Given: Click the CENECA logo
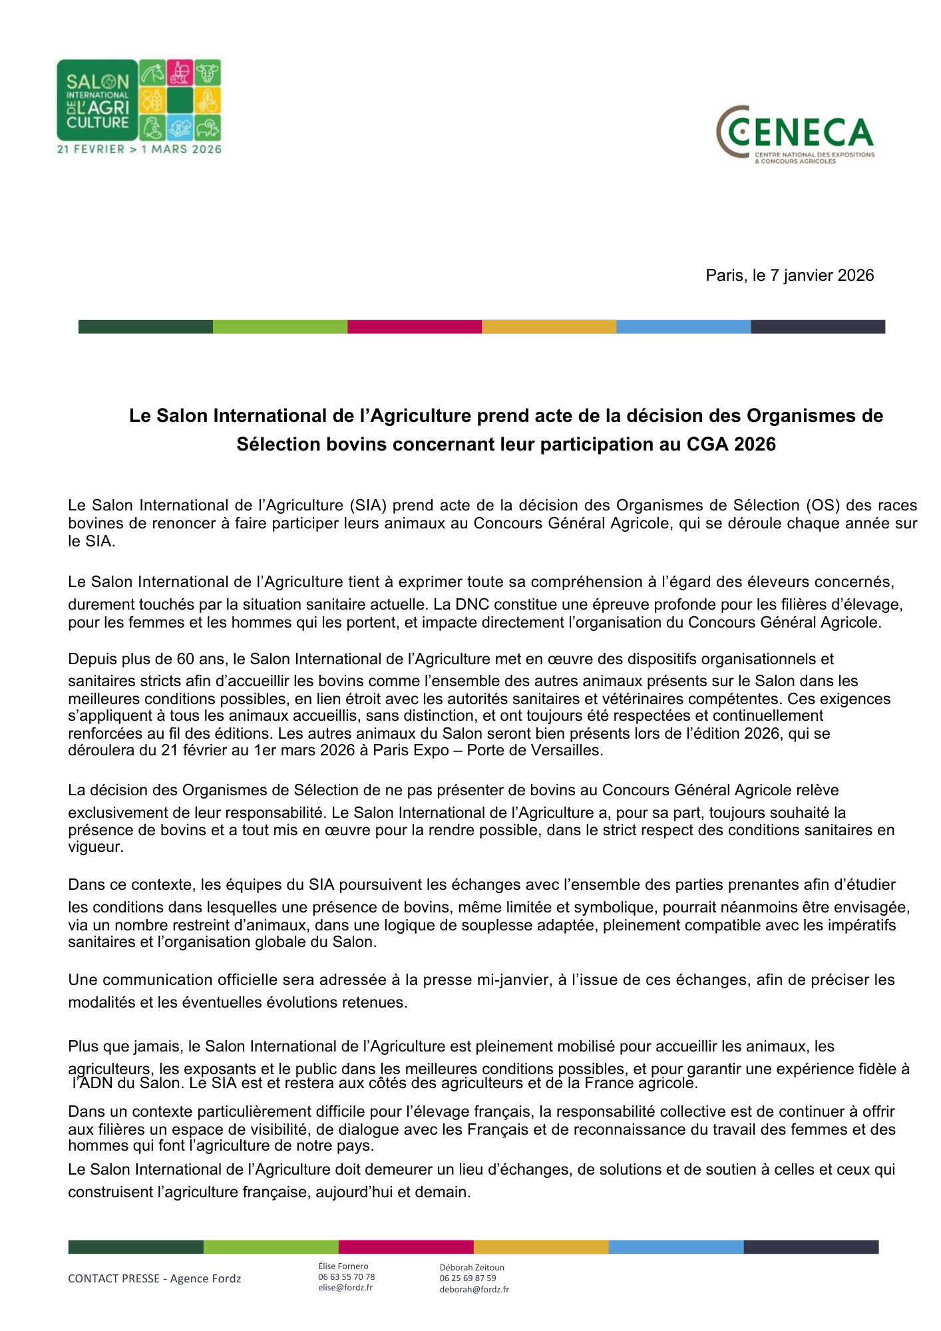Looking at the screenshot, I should pyautogui.click(x=795, y=134).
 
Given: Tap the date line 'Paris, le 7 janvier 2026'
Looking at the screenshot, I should pyautogui.click(x=789, y=276).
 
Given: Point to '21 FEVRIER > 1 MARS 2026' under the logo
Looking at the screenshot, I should pyautogui.click(x=139, y=149).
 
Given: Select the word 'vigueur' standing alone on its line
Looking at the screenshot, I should pyautogui.click(x=95, y=847).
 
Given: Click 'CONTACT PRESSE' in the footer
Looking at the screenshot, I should pyautogui.click(x=114, y=1278).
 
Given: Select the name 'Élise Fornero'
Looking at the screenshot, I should pyautogui.click(x=343, y=1266).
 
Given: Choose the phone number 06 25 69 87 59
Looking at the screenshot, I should pyautogui.click(x=467, y=1278).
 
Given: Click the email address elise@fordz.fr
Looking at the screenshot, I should pyautogui.click(x=345, y=1287).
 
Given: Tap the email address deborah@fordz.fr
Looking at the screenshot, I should pyautogui.click(x=474, y=1289).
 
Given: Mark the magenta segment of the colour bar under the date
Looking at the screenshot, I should pyautogui.click(x=414, y=327).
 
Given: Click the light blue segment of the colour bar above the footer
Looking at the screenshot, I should pyautogui.click(x=675, y=1246).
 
